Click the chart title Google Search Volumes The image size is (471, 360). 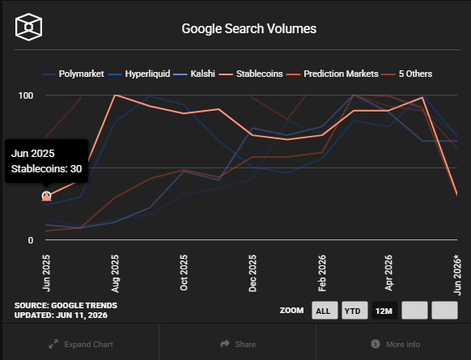[249, 29]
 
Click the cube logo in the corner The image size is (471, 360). [28, 27]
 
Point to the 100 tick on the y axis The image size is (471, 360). [26, 95]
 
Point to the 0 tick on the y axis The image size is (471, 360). [30, 240]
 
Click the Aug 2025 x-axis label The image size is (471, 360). [115, 273]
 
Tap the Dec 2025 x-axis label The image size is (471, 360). [252, 273]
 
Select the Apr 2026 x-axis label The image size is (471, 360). [388, 273]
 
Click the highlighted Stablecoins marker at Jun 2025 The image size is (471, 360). [46, 197]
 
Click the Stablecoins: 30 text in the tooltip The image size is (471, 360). [47, 169]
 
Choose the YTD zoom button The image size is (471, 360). [354, 311]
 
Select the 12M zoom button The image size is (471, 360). [384, 311]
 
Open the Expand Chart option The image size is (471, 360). [81, 344]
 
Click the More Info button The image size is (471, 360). [395, 344]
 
